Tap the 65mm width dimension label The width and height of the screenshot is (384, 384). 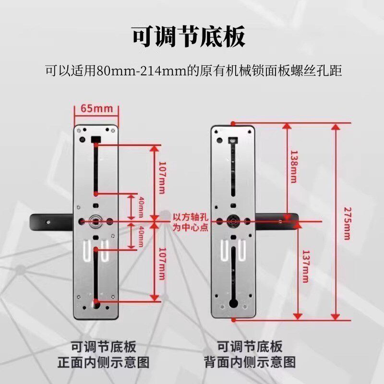[96, 108]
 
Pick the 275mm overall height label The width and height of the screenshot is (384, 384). [347, 221]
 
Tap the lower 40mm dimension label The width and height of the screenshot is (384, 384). [141, 236]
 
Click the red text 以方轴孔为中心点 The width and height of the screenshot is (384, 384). [191, 222]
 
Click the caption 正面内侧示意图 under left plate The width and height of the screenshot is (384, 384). [104, 361]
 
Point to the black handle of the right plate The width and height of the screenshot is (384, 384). [278, 221]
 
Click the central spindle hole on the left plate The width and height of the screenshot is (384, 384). [96, 221]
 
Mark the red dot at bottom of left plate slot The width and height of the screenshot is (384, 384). [96, 301]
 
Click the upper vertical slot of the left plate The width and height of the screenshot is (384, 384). [96, 168]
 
